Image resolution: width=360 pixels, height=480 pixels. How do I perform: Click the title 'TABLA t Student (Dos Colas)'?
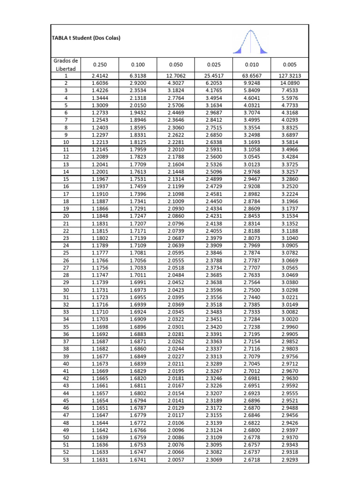tap(86, 38)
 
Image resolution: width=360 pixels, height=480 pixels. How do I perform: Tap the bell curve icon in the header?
tap(249, 42)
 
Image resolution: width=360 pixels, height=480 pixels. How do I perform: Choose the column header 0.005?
tap(290, 65)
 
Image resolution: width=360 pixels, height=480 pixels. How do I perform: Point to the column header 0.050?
tap(175, 65)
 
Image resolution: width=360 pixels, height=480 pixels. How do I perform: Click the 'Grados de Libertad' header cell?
tap(66, 65)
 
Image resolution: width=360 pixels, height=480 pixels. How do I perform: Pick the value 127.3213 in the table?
tap(290, 75)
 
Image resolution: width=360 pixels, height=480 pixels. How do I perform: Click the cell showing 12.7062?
tap(175, 75)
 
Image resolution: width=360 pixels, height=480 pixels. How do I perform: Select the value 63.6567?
tap(252, 75)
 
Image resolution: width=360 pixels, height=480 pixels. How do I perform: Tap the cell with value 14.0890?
tap(290, 83)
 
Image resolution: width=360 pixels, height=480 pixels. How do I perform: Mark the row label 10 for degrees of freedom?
tap(66, 142)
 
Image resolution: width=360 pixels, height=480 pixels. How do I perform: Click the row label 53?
tap(66, 460)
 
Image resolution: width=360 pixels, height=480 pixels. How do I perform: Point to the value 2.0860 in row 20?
tap(175, 216)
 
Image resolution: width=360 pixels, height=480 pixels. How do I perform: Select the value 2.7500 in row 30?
tap(252, 290)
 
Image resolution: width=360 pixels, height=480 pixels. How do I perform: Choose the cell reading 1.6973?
tap(137, 290)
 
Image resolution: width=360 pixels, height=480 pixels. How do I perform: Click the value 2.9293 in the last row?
tap(290, 460)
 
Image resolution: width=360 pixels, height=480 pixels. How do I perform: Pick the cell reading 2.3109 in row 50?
tap(214, 438)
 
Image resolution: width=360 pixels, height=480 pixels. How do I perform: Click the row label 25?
tap(66, 253)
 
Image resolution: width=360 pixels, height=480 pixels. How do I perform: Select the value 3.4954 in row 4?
tap(214, 97)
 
